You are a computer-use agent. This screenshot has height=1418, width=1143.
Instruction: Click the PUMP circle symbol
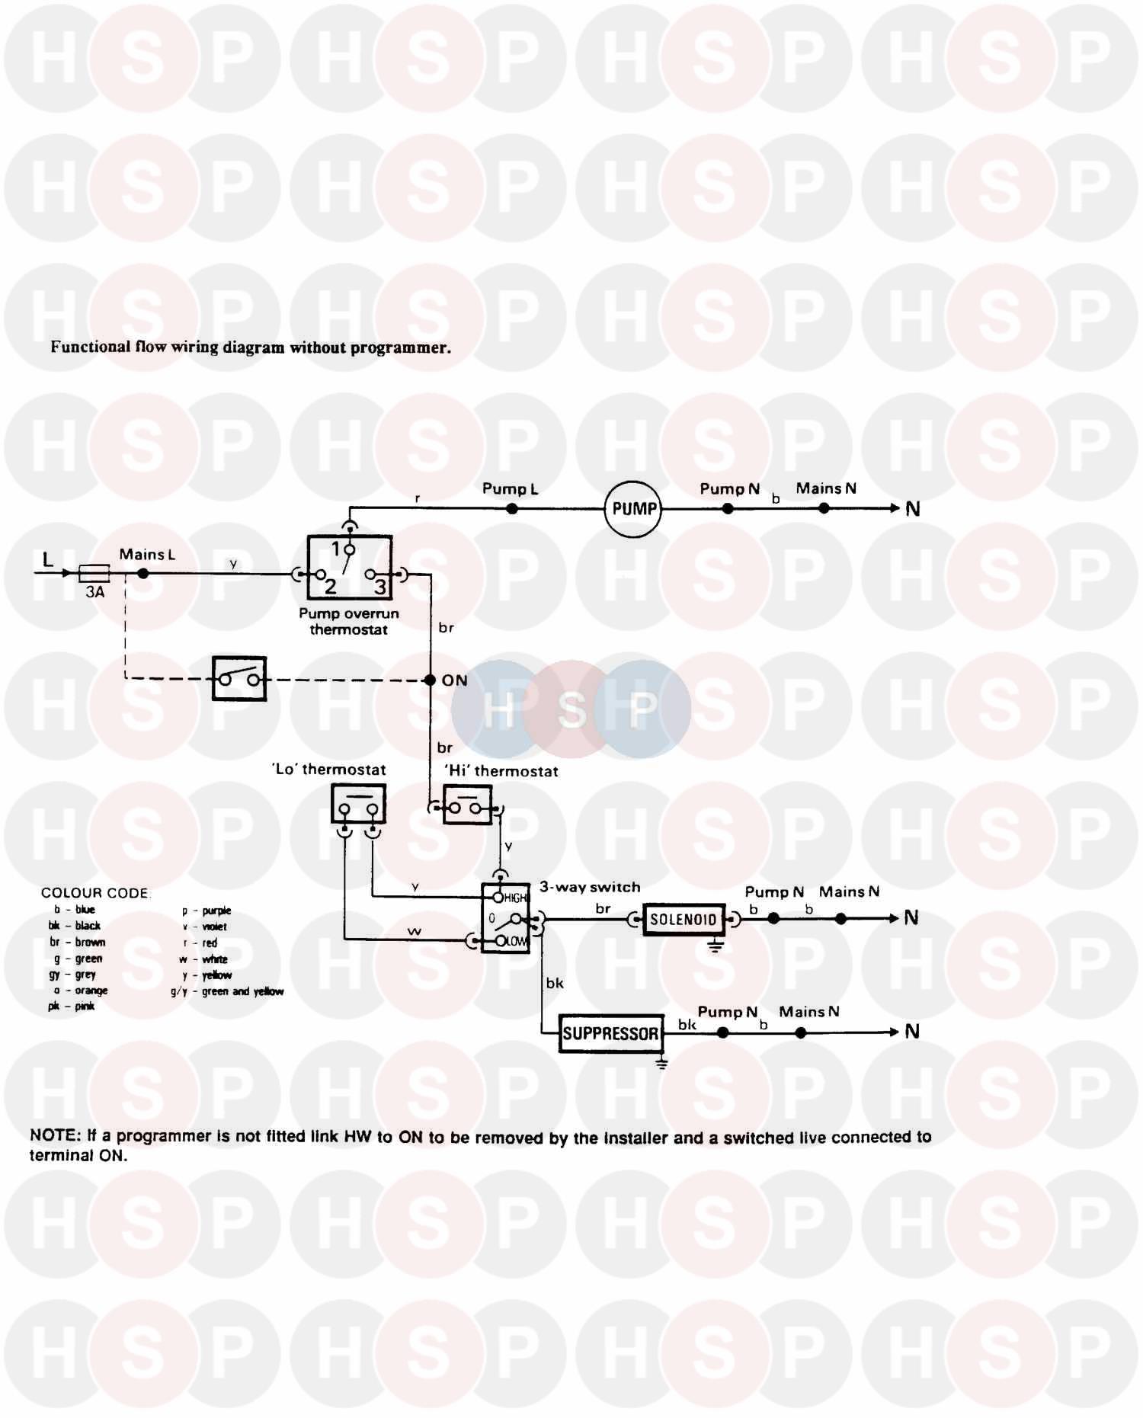tap(633, 508)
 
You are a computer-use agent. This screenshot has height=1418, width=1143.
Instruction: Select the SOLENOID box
tap(684, 919)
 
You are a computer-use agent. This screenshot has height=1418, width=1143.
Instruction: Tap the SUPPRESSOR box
tap(610, 1033)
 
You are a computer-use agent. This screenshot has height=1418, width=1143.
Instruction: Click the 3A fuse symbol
tap(94, 573)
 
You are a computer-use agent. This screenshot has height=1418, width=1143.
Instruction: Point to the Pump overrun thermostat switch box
tap(350, 568)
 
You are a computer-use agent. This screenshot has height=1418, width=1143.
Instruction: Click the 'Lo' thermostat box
tap(358, 805)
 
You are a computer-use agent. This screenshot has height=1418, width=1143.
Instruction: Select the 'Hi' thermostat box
tap(467, 805)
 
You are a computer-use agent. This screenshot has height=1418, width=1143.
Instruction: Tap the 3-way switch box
tap(505, 918)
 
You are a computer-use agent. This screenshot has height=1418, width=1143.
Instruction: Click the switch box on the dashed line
tap(239, 678)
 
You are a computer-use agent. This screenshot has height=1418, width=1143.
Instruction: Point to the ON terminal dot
tap(430, 680)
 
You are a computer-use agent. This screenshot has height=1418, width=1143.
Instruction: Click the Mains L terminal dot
tap(143, 573)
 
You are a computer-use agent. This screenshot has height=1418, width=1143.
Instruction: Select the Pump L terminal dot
tap(512, 508)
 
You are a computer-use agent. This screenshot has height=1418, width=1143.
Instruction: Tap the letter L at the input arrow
tap(48, 560)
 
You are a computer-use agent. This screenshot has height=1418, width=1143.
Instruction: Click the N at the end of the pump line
tap(913, 509)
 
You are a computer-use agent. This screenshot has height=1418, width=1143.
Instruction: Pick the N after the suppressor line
tap(912, 1032)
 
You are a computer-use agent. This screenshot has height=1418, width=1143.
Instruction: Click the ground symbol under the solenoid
tap(715, 947)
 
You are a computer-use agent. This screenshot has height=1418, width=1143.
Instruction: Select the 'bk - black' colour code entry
tap(75, 926)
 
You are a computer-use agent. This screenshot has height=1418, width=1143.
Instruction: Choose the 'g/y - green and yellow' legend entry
tap(228, 991)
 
